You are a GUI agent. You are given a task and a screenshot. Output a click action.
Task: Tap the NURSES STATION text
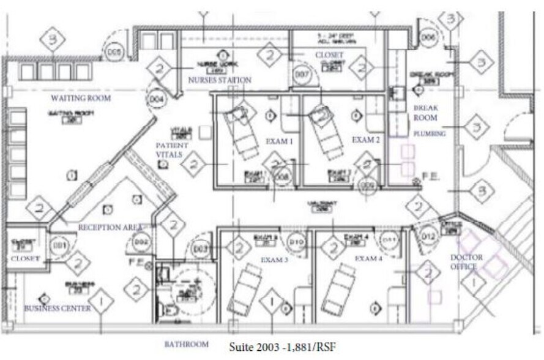click(220, 80)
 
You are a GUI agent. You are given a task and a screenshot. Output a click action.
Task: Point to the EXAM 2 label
click(366, 140)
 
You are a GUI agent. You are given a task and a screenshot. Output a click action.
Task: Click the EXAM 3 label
click(274, 260)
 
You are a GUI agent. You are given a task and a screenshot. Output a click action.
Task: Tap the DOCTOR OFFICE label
click(466, 262)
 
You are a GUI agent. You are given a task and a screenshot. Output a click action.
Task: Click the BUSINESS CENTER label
click(58, 308)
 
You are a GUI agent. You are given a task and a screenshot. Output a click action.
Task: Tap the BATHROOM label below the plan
click(186, 345)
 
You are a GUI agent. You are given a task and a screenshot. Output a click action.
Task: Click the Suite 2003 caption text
click(282, 347)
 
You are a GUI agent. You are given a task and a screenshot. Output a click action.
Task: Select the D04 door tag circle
click(157, 97)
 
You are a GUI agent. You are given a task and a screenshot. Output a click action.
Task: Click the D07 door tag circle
click(300, 75)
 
